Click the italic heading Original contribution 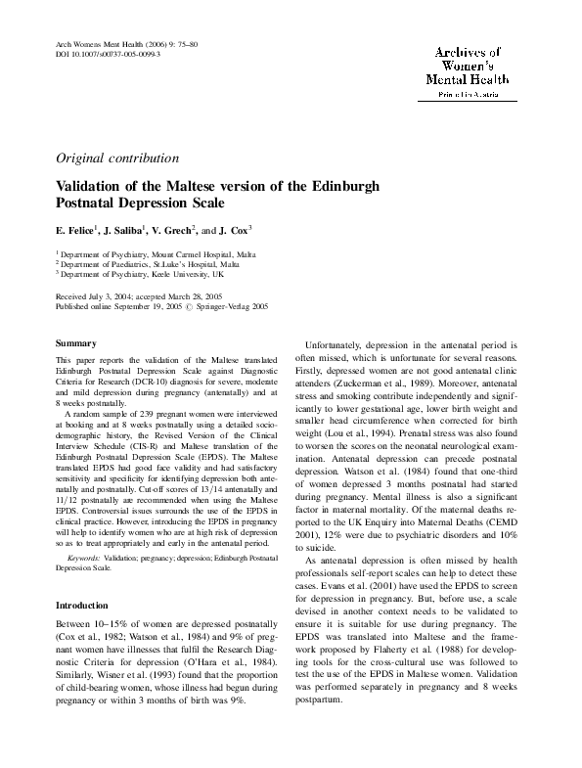[x=118, y=158]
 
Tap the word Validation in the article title [x=98, y=186]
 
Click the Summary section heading [x=75, y=344]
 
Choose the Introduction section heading [x=81, y=606]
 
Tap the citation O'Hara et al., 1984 [x=242, y=660]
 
